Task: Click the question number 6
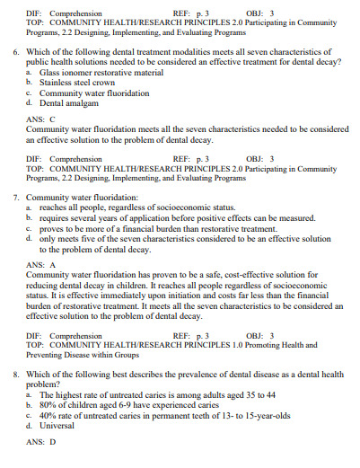18,54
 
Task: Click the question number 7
18,197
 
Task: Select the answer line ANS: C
41,118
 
